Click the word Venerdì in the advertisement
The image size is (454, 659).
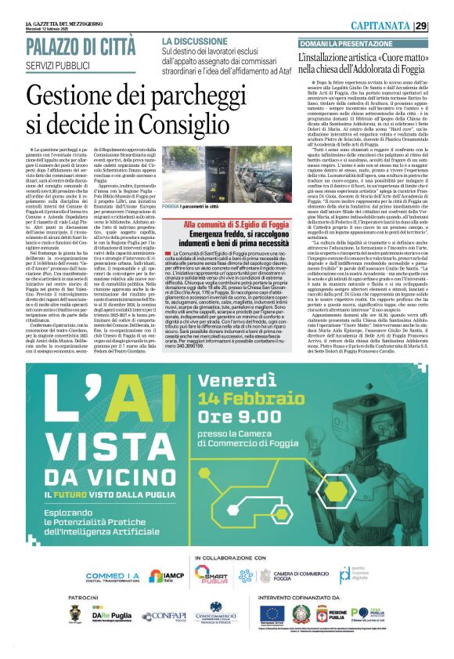tap(243, 382)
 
